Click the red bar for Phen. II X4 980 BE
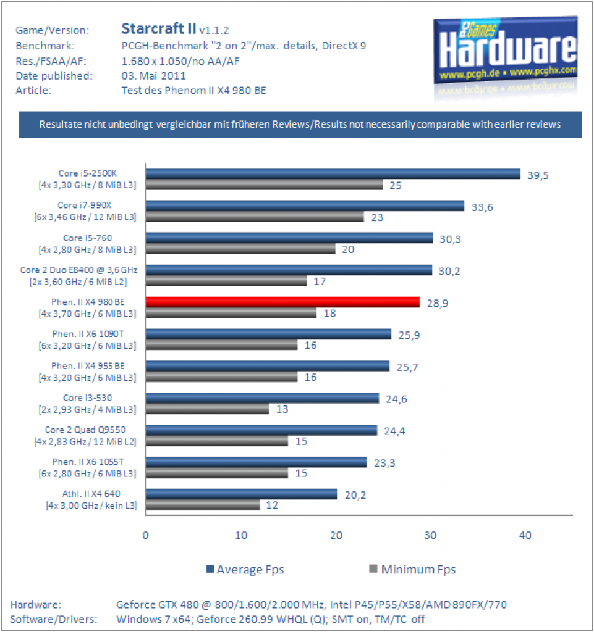pos(283,302)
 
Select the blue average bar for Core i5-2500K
pos(333,173)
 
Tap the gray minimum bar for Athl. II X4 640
pos(203,505)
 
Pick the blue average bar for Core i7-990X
pos(305,206)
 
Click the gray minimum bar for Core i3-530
pos(208,409)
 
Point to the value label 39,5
pos(538,175)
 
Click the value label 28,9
pos(438,303)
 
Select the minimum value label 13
pos(282,409)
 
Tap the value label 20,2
pos(355,495)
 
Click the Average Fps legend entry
pos(245,569)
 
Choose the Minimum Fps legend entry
pos(412,569)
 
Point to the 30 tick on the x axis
pos(430,535)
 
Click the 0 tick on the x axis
pos(146,535)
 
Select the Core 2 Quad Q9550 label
pos(85,430)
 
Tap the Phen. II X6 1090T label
pos(88,334)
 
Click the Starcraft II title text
pos(159,28)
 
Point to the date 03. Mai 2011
pos(154,76)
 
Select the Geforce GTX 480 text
pos(158,605)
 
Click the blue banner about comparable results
pos(300,125)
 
